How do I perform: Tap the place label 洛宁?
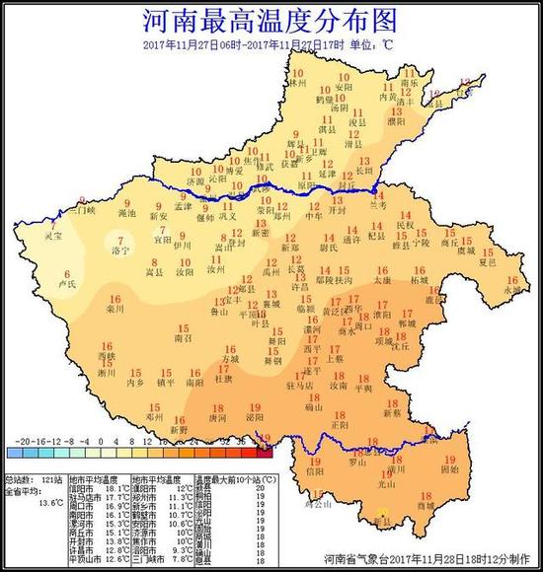pos(120,251)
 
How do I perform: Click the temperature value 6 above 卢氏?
pos(67,273)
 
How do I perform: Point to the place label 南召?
pos(184,337)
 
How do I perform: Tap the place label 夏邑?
pos(486,263)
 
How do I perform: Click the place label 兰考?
pos(378,204)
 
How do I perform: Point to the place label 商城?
pos(426,507)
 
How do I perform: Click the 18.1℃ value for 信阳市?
pos(116,487)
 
